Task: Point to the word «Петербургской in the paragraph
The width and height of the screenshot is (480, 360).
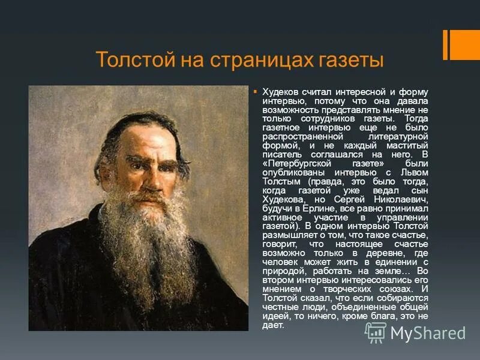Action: pos(297,163)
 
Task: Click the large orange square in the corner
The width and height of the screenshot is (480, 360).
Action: pos(466,44)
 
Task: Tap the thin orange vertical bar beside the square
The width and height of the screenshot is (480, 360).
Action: pos(446,44)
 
